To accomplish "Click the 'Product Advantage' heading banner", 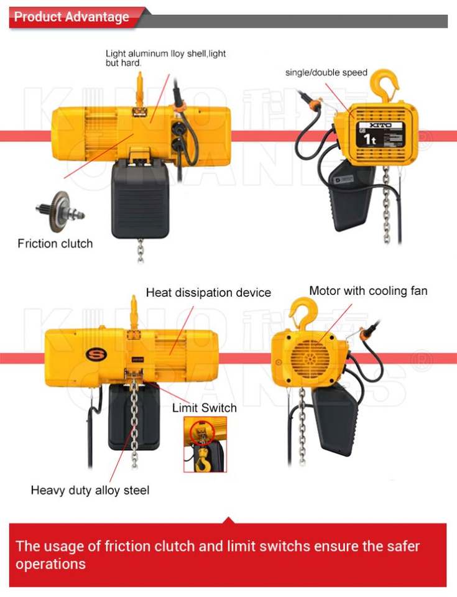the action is click(x=72, y=17).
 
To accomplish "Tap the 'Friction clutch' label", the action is click(x=55, y=243).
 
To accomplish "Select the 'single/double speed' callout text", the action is click(x=326, y=73).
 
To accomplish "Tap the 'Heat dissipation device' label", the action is click(x=208, y=292).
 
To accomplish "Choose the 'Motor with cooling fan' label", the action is click(x=368, y=290).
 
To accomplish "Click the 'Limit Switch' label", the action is click(x=205, y=408).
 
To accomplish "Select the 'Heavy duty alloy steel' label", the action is click(x=90, y=490).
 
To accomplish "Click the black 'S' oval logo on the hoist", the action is click(x=95, y=354).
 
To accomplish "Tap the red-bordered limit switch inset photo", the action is click(x=205, y=444).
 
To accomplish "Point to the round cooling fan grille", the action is click(x=310, y=357).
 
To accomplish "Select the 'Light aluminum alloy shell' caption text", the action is click(x=165, y=58).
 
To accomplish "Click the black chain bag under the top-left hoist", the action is click(x=141, y=199).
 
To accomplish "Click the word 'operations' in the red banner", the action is click(x=51, y=564).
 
